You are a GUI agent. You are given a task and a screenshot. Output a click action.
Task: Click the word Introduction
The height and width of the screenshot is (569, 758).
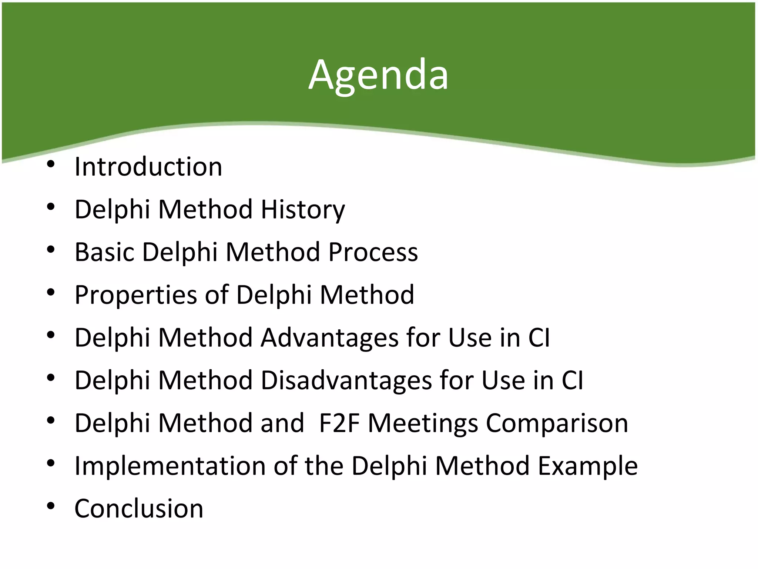point(148,167)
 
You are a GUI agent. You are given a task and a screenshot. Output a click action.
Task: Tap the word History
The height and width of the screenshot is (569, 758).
point(303,210)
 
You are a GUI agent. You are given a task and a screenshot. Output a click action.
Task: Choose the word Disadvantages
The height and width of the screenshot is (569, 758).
point(346,380)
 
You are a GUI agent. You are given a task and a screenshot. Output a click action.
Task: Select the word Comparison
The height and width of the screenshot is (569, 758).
point(557,423)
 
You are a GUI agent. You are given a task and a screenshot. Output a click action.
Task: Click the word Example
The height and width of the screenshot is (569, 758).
point(588,466)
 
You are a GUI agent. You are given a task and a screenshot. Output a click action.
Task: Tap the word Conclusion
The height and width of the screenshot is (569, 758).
point(139,509)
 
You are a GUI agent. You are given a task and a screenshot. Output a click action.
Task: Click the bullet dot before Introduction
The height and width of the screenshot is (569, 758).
point(51,164)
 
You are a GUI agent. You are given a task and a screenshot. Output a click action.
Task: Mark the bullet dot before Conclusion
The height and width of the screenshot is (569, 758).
point(51,506)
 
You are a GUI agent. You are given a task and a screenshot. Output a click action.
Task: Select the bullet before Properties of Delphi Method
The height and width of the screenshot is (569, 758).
point(51,292)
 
